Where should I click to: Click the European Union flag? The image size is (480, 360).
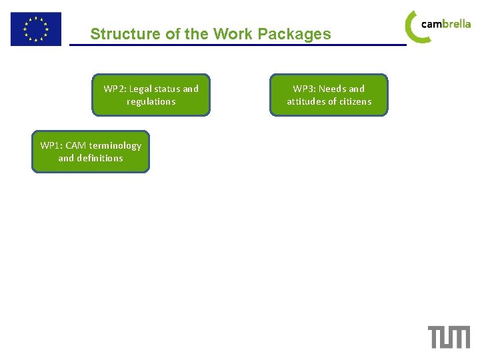pyautogui.click(x=35, y=29)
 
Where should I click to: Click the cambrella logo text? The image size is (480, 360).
pyautogui.click(x=446, y=24)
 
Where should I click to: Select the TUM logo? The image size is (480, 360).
pyautogui.click(x=449, y=337)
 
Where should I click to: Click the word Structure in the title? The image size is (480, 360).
pyautogui.click(x=118, y=34)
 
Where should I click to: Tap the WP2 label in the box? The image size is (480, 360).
pyautogui.click(x=115, y=89)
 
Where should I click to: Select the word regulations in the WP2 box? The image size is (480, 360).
pyautogui.click(x=151, y=101)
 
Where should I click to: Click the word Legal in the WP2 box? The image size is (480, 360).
pyautogui.click(x=142, y=89)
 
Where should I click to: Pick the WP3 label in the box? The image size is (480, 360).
pyautogui.click(x=305, y=89)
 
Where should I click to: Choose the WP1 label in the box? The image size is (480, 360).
pyautogui.click(x=51, y=145)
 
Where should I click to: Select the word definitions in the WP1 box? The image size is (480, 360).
pyautogui.click(x=100, y=158)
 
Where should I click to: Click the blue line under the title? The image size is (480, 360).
pyautogui.click(x=238, y=45)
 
